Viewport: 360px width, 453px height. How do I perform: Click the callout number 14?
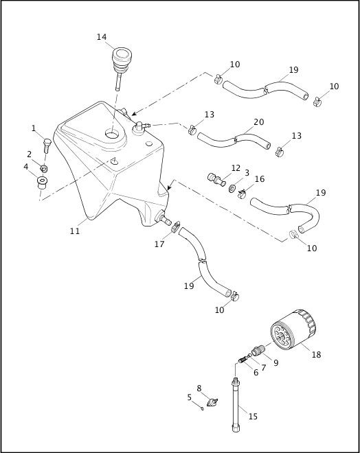coord(102,37)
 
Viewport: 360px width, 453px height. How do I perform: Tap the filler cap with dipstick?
coord(122,60)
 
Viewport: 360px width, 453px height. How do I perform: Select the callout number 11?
coord(74,231)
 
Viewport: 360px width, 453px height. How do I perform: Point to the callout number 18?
coord(316,355)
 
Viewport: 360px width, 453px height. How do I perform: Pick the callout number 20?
coord(258,122)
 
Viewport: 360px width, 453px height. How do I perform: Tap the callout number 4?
coord(26,166)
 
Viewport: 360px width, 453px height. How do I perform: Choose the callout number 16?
coord(259,179)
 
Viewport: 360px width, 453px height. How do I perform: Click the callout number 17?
coord(159,244)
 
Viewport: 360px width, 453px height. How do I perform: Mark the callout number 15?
coord(253,416)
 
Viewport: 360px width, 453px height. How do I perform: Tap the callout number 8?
coord(199,388)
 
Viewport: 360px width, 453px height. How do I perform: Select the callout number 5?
coord(190,397)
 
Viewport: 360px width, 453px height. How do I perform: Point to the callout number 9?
coord(275,362)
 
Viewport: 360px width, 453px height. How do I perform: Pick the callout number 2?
coord(29,154)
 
